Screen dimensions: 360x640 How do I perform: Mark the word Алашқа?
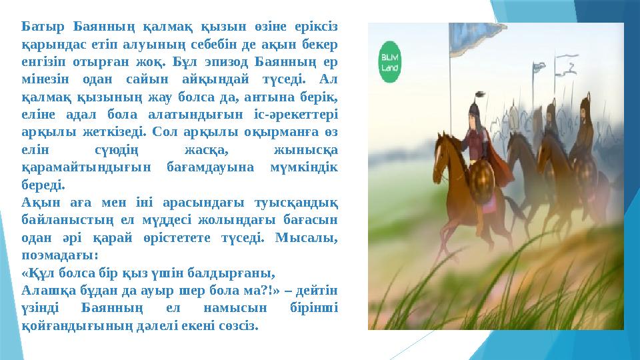click(x=45, y=290)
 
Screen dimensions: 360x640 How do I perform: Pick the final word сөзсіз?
click(x=237, y=326)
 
